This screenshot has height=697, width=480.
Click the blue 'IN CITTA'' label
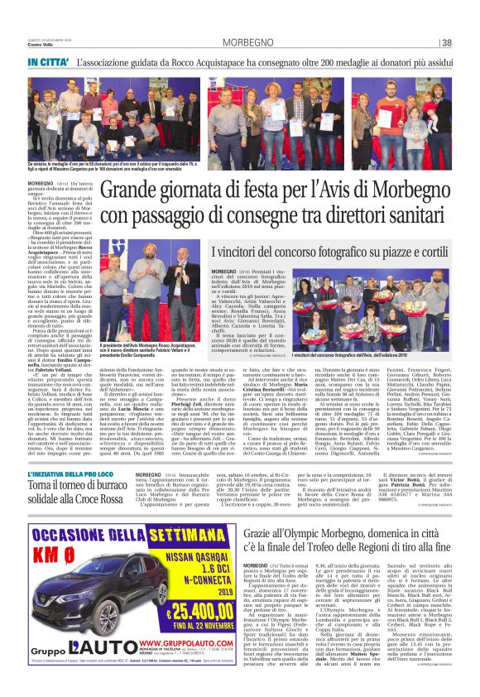point(47,63)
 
